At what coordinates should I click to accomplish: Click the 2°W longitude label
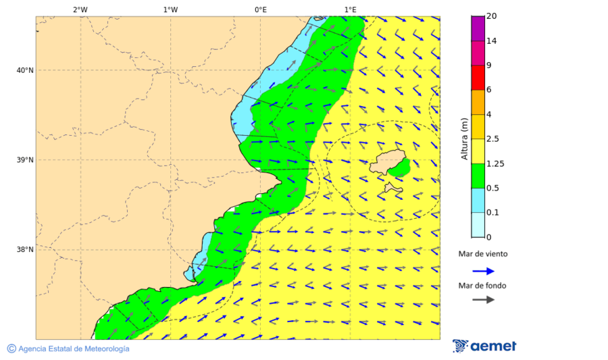point(80,9)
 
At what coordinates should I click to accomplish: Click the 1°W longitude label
point(170,9)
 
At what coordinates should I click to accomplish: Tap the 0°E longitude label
point(260,9)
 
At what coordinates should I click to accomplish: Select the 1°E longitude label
point(350,9)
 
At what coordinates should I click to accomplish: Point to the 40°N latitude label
point(24,70)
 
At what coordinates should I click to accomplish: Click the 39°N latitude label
point(24,160)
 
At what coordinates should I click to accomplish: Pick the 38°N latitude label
point(24,250)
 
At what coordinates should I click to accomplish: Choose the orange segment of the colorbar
point(478,102)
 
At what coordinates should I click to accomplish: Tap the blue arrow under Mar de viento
point(483,271)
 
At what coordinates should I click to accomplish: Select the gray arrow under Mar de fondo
point(483,300)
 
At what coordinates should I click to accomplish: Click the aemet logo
point(484,346)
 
